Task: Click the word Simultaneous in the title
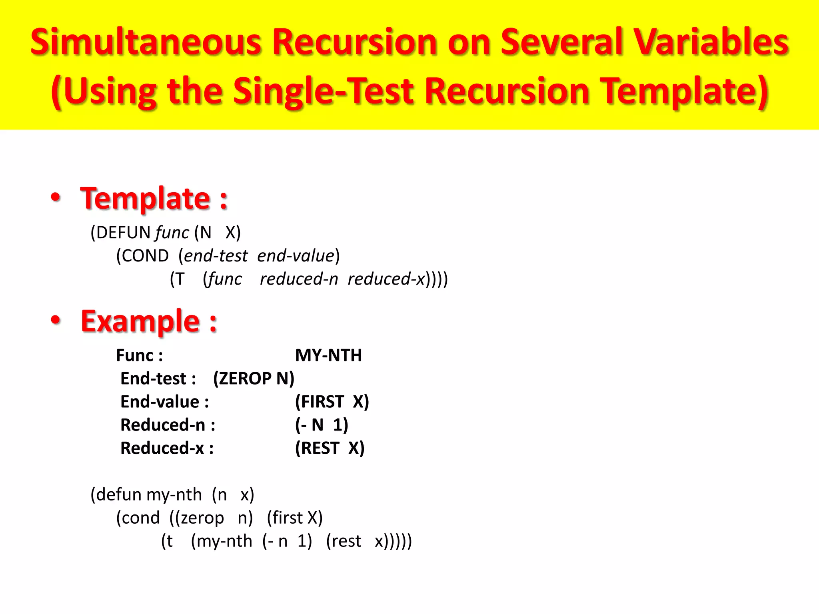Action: tap(146, 42)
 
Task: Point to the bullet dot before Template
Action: tap(56, 197)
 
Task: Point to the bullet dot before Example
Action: tap(56, 320)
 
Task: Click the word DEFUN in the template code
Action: tap(123, 233)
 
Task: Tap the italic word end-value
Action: tap(296, 256)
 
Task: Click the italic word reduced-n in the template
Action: tap(299, 279)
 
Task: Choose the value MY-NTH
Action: tap(328, 355)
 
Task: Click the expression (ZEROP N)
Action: tap(254, 379)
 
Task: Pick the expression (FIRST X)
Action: tap(332, 402)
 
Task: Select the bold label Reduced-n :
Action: tap(168, 425)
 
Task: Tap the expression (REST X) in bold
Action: tap(330, 448)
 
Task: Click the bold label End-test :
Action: tap(158, 379)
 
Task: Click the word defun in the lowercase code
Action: tap(119, 495)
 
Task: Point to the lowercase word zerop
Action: tap(202, 518)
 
